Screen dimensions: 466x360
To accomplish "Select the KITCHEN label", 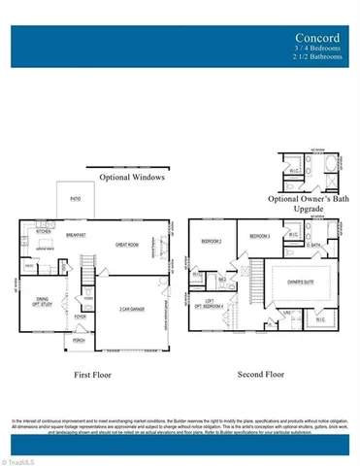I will [44, 233].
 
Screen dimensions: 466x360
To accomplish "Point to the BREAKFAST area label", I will [77, 234].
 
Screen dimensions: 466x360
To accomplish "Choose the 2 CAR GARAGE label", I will [132, 309].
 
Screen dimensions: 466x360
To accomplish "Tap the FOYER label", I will [81, 316].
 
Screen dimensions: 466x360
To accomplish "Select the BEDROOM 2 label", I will [212, 240].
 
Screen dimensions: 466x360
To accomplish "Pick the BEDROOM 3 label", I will [258, 236].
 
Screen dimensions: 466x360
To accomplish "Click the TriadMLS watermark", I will [20, 460].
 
